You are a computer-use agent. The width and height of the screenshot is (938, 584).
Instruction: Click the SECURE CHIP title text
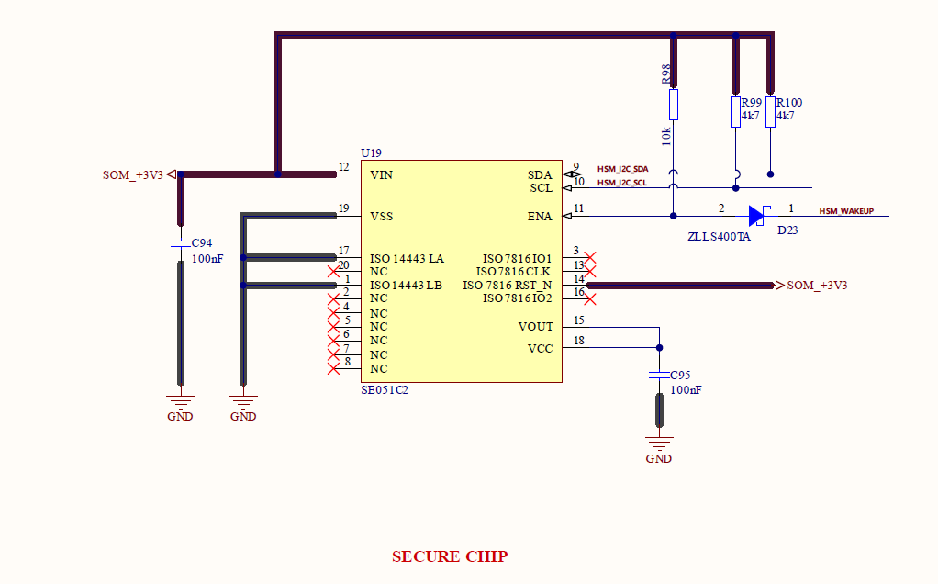(x=450, y=556)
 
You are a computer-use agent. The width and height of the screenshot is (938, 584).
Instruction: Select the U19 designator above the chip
(x=371, y=152)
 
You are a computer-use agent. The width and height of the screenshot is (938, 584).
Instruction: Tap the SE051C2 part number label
(x=385, y=390)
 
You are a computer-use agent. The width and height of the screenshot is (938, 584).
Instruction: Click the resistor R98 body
(x=674, y=105)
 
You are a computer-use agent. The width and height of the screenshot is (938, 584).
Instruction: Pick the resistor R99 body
(x=735, y=112)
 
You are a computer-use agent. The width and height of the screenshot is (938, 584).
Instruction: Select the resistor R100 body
(x=770, y=112)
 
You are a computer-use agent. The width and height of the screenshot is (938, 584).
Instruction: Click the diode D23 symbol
(x=756, y=216)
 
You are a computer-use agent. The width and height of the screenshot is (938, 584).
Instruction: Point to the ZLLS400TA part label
(x=719, y=237)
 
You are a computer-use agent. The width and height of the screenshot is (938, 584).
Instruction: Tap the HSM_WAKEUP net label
(x=846, y=211)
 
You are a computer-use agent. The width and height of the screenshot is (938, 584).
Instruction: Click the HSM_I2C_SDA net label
(x=622, y=169)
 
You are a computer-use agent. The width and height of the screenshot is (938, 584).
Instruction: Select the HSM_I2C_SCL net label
(x=622, y=183)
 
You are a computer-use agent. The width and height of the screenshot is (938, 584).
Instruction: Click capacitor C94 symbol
(x=180, y=245)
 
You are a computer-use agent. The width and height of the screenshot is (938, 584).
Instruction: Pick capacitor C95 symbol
(x=659, y=376)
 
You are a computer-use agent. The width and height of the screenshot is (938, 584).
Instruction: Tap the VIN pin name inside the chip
(x=382, y=174)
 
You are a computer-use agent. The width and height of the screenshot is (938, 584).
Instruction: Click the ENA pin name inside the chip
(x=540, y=217)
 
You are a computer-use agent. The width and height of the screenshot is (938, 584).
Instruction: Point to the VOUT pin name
(x=535, y=326)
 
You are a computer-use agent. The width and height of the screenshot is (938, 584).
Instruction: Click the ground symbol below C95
(x=659, y=443)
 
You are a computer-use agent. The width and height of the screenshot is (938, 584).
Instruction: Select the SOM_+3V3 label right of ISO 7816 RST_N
(x=817, y=286)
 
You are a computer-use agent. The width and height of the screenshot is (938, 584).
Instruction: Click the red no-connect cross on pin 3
(x=590, y=258)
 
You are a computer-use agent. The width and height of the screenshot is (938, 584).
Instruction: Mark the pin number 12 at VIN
(x=343, y=167)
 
